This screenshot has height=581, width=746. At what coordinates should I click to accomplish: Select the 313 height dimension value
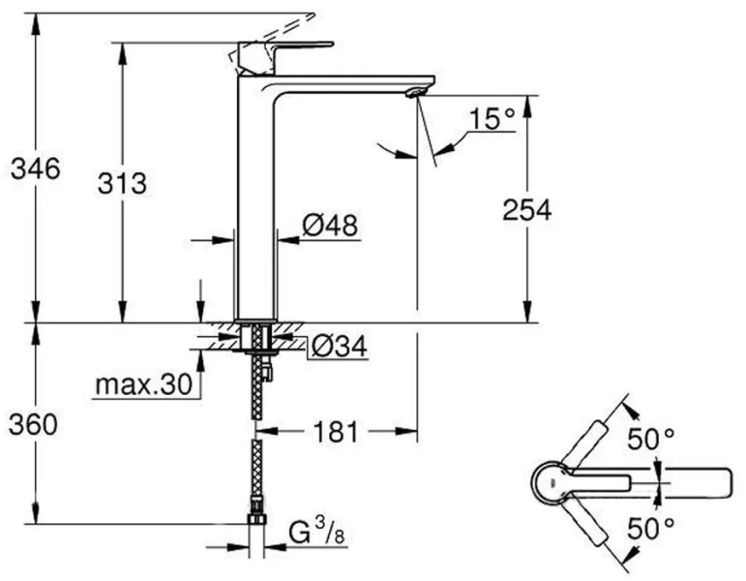122,182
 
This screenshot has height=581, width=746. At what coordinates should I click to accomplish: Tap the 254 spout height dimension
526,209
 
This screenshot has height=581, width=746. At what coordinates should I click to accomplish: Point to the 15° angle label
492,120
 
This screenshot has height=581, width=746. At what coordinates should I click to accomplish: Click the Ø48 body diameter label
330,226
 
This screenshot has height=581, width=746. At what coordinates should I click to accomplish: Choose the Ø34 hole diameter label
338,347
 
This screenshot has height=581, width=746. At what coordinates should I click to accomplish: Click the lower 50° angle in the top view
650,528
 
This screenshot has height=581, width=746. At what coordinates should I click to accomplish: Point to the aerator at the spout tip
415,92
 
